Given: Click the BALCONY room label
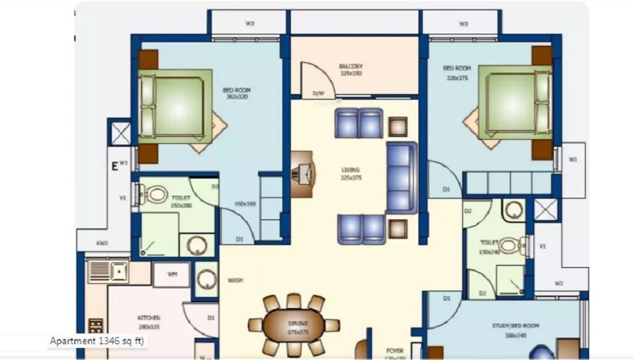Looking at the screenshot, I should pyautogui.click(x=351, y=67).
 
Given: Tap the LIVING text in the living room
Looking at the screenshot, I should pyautogui.click(x=350, y=170).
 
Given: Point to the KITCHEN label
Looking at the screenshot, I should pyautogui.click(x=148, y=318).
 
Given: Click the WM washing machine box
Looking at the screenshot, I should pyautogui.click(x=171, y=275).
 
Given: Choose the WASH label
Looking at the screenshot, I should pyautogui.click(x=235, y=280).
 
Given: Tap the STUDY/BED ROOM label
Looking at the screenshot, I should pyautogui.click(x=515, y=326).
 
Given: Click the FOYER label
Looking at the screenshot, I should pyautogui.click(x=395, y=350).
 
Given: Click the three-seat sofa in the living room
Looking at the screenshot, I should pyautogui.click(x=401, y=177).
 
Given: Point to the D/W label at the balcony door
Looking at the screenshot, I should pyautogui.click(x=318, y=94).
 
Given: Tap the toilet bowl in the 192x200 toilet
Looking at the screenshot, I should pyautogui.click(x=153, y=194).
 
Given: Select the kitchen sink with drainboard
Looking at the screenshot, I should pyautogui.click(x=108, y=271).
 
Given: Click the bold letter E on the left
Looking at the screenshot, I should pyautogui.click(x=115, y=167).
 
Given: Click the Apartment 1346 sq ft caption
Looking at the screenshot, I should pyautogui.click(x=98, y=342).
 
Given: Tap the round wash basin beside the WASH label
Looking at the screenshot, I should pyautogui.click(x=206, y=279).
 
